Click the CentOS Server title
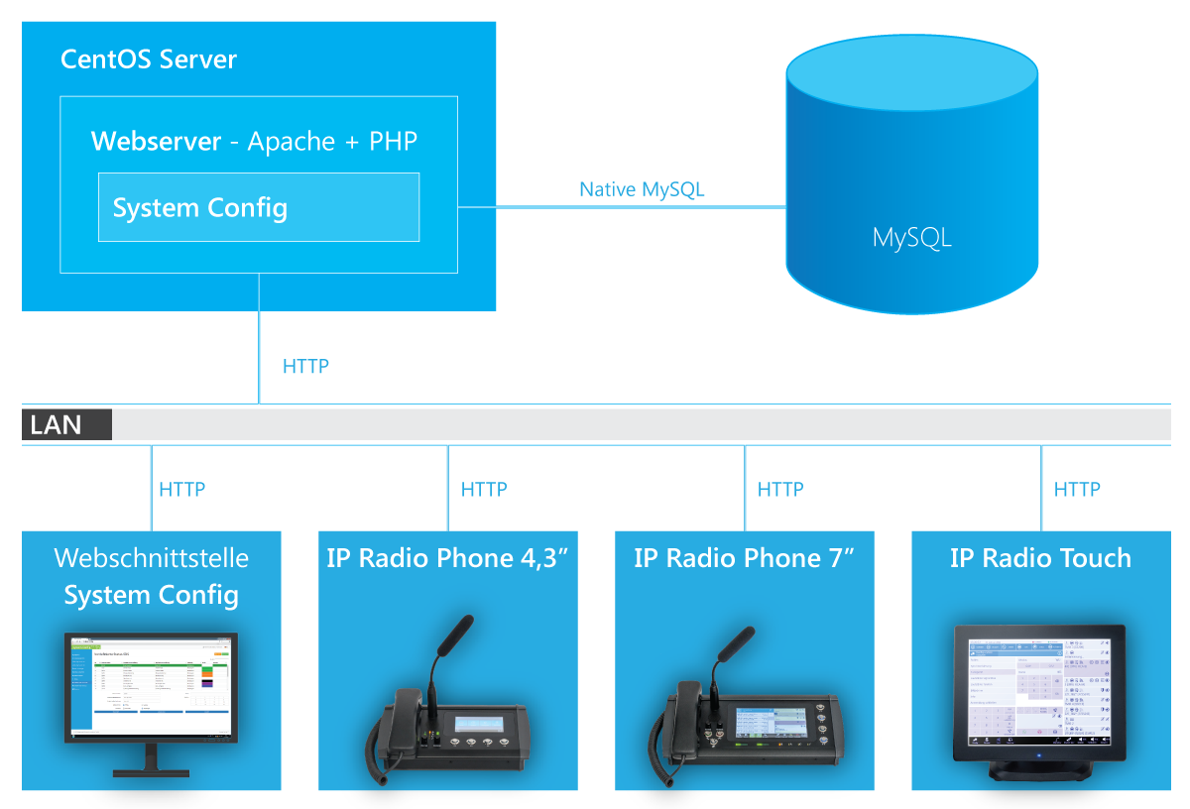(149, 58)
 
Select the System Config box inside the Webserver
(258, 207)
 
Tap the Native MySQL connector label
(642, 189)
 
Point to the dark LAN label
(66, 425)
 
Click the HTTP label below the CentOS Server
(305, 366)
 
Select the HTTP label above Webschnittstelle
(181, 489)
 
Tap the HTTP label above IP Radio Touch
(1077, 489)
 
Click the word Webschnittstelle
(152, 557)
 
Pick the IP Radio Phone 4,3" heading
(447, 557)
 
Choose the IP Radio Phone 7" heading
(744, 557)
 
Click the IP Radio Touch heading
(1040, 557)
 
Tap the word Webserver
(156, 141)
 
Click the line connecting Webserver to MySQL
(622, 207)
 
